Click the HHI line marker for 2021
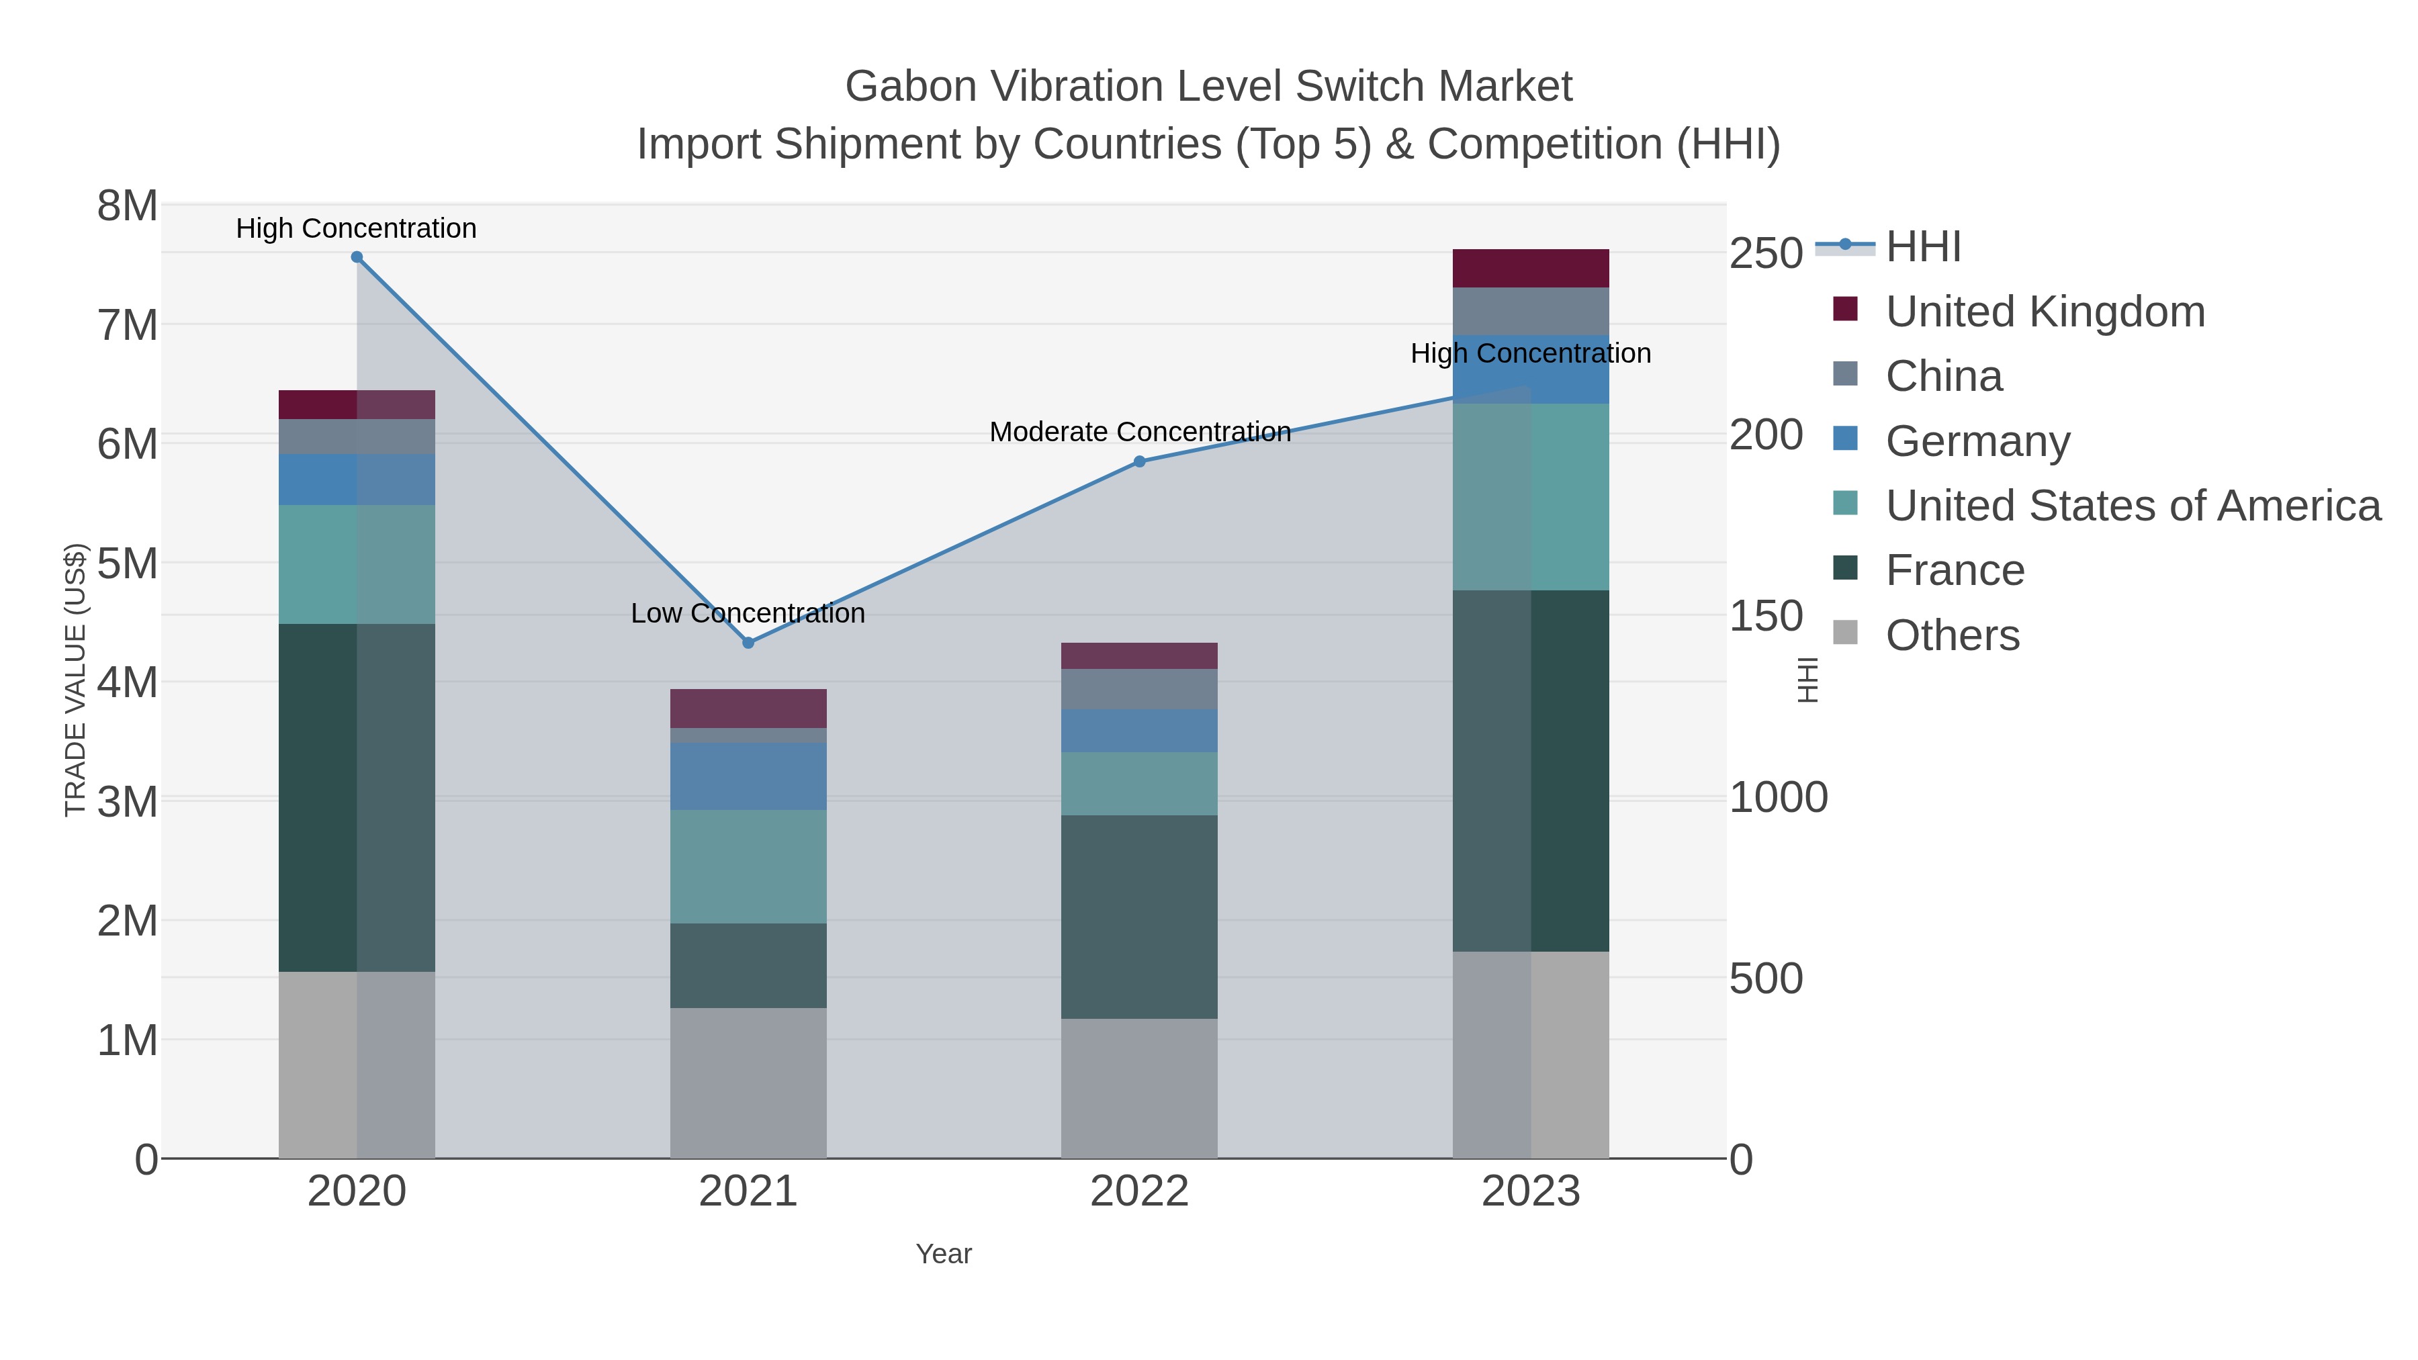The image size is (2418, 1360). tap(748, 643)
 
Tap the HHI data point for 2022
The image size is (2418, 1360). tap(1140, 462)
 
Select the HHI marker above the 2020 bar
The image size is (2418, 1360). tap(357, 257)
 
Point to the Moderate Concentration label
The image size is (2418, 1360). tap(1140, 432)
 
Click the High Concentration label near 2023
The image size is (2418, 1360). tap(1530, 354)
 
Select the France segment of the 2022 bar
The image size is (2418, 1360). tap(1140, 916)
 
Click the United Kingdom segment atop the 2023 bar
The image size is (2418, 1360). tap(1530, 269)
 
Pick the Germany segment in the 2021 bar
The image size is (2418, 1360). tap(748, 776)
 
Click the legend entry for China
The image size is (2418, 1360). tap(1943, 376)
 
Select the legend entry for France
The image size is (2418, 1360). tap(1955, 571)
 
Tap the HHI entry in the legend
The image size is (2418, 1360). tap(1922, 247)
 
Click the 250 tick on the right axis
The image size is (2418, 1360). tap(1766, 253)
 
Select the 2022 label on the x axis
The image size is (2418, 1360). tap(1140, 1192)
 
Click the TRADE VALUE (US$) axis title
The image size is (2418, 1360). tap(75, 680)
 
